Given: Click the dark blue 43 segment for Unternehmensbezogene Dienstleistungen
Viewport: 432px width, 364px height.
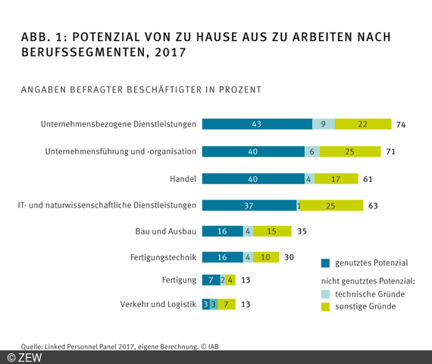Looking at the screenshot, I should [x=257, y=124].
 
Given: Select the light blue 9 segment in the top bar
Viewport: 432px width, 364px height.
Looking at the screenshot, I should [x=324, y=124].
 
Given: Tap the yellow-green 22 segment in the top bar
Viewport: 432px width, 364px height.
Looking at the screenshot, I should [x=362, y=124].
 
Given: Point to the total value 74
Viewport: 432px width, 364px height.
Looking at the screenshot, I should [x=402, y=124].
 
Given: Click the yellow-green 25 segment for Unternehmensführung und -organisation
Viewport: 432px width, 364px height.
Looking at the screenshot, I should [x=349, y=152].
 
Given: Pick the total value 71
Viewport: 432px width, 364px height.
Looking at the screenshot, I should [x=391, y=152].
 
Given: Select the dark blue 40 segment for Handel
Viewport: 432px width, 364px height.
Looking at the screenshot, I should [x=253, y=178].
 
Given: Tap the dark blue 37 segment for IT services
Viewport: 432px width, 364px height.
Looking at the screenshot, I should [x=249, y=205].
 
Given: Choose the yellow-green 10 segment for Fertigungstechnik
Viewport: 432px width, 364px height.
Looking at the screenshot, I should [x=266, y=258].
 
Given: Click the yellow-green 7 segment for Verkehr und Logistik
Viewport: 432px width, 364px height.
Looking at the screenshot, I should [x=225, y=305].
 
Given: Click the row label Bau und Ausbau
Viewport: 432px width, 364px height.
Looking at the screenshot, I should [x=167, y=231].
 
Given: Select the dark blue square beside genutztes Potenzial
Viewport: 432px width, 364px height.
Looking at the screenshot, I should [x=325, y=263].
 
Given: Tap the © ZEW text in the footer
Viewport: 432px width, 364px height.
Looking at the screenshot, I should [x=24, y=357].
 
